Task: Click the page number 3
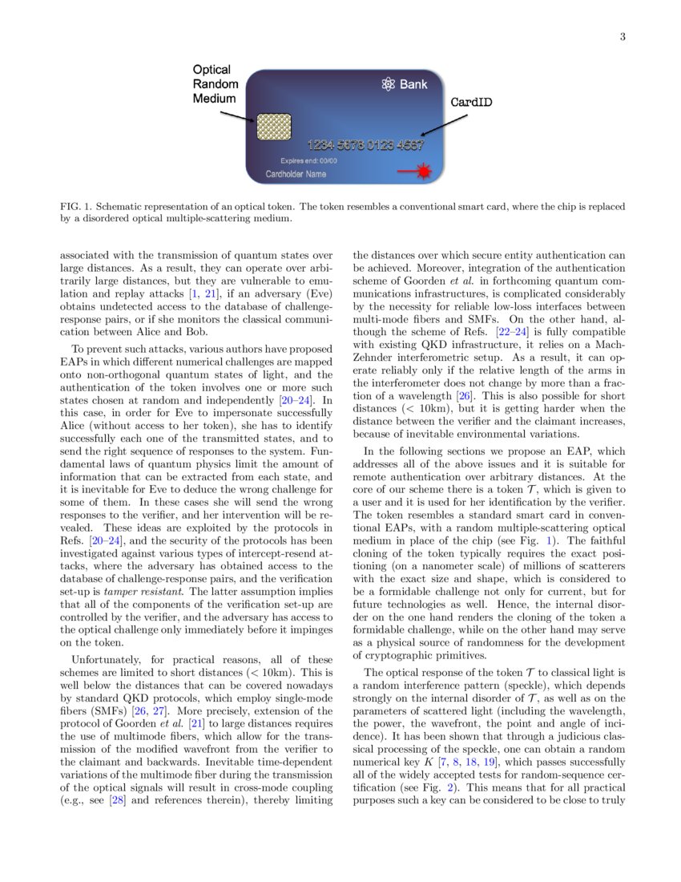coord(623,37)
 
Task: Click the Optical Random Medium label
coord(214,84)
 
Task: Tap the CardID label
coord(471,103)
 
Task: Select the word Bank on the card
coord(414,83)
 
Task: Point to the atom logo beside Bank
coord(389,83)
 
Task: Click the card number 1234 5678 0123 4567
coord(355,146)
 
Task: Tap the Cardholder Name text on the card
coord(296,174)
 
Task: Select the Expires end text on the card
coord(308,160)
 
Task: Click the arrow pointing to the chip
coord(238,117)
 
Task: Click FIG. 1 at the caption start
coord(75,207)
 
